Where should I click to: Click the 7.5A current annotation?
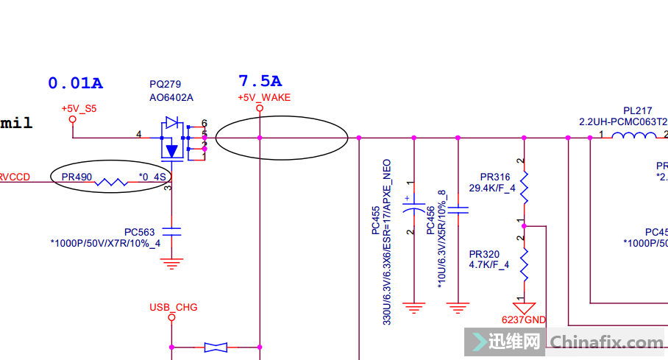(260, 81)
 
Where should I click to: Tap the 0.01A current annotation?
(75, 83)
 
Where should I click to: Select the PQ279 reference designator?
(165, 85)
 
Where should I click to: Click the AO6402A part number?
(171, 97)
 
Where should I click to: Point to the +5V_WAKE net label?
(264, 97)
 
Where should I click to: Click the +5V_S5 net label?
(79, 108)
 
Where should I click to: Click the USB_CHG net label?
(174, 307)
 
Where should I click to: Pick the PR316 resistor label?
(495, 177)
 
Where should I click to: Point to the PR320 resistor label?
(484, 254)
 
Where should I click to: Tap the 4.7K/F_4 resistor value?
(489, 265)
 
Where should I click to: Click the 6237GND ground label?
(524, 320)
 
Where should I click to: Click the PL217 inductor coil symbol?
(634, 135)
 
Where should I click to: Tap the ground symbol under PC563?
(171, 263)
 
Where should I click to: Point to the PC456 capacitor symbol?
(458, 211)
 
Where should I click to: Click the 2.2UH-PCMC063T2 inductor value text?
(623, 121)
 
